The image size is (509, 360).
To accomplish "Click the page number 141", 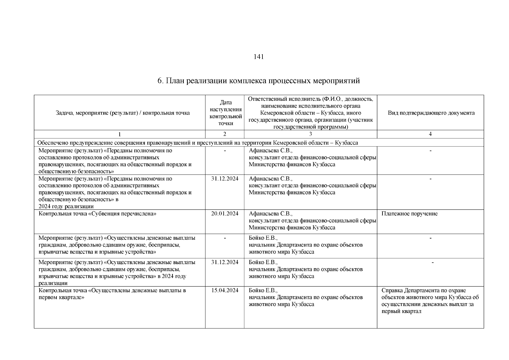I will point(259,57).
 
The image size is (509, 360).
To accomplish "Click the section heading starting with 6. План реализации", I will point(259,81).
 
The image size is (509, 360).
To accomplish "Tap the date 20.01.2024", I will point(225,214).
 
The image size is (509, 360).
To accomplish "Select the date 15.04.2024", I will point(225,290).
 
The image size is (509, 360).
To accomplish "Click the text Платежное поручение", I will point(409,214).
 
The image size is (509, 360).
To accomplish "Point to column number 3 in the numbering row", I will point(310,134).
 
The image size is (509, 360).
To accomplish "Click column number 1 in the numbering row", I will point(119,134).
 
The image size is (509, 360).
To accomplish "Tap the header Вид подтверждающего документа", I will point(431,113).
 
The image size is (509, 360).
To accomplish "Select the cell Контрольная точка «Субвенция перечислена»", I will point(98,214).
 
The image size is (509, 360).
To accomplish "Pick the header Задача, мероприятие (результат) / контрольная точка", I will point(123,113).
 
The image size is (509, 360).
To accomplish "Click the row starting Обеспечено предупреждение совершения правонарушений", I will point(198,143).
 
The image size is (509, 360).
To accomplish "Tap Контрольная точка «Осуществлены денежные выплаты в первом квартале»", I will point(112,294).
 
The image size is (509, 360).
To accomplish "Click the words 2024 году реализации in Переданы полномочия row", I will point(66,206).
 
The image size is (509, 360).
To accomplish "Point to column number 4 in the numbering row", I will point(430,134).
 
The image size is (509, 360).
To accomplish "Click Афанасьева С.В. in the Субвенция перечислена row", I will point(270,214).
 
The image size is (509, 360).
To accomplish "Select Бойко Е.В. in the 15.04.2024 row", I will point(263,290).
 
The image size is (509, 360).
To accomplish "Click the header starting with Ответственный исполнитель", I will point(310,113).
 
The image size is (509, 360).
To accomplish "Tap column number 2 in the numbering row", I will point(225,134).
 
